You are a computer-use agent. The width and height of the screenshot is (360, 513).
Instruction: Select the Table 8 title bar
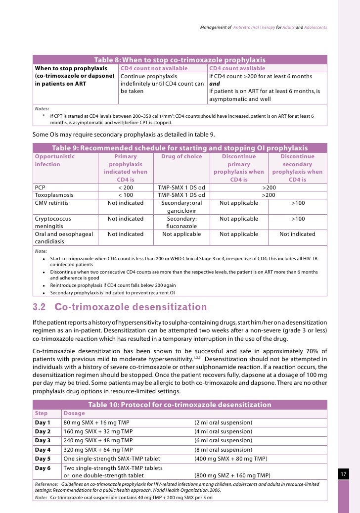click(x=180, y=59)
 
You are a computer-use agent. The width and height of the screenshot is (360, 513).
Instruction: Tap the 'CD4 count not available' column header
click(x=154, y=68)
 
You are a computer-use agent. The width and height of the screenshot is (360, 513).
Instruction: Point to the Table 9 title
click(x=180, y=148)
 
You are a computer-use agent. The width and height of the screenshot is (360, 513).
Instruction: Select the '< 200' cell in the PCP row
click(x=126, y=188)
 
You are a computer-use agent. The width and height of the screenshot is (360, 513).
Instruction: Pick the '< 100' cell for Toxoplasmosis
click(x=126, y=195)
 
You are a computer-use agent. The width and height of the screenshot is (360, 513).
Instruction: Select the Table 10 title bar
click(x=180, y=405)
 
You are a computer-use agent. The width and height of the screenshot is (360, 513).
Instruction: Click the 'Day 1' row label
click(x=43, y=422)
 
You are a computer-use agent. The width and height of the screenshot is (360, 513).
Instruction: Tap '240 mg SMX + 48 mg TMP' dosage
click(x=98, y=440)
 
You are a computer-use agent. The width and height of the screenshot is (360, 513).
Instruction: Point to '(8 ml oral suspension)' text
click(x=223, y=450)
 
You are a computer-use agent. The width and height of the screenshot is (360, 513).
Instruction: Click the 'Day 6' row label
click(x=43, y=467)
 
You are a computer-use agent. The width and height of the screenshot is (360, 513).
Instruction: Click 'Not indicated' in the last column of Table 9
click(x=297, y=234)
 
